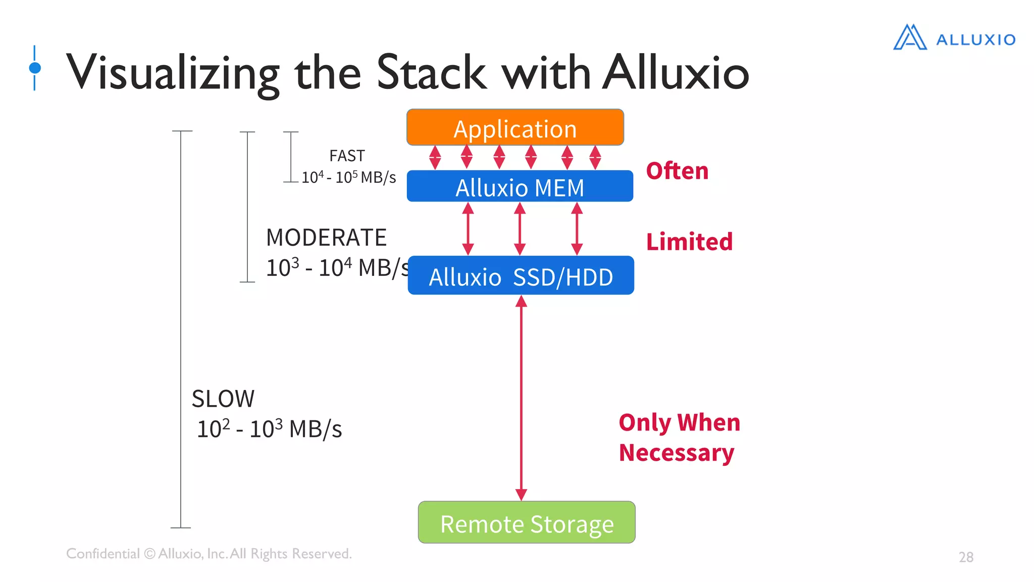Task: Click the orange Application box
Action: (x=515, y=128)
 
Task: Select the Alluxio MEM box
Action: (x=520, y=187)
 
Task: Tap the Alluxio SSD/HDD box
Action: (x=521, y=276)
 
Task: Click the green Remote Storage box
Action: (x=527, y=523)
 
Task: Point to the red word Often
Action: (x=677, y=171)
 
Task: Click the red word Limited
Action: (x=689, y=241)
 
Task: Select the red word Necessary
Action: (x=676, y=453)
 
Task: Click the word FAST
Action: (x=347, y=156)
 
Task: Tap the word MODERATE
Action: (x=326, y=237)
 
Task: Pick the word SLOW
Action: (x=223, y=399)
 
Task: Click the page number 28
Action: (x=966, y=557)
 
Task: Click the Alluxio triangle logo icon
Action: (x=910, y=38)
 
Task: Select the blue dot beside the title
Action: (x=35, y=68)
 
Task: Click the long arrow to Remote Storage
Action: (x=521, y=399)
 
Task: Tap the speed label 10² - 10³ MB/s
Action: (x=269, y=429)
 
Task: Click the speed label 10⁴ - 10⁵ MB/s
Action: (x=348, y=177)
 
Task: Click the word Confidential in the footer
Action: (x=103, y=554)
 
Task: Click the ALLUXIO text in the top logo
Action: (x=975, y=40)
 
